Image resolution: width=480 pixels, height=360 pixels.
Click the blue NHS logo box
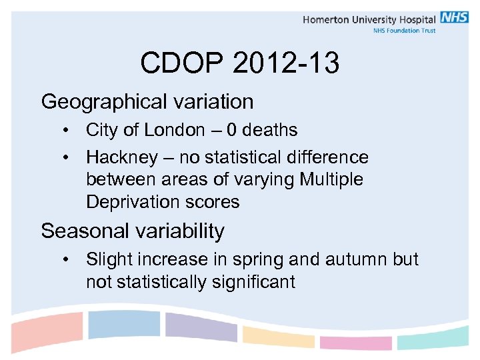point(454,18)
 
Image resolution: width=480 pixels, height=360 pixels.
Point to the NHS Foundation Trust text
point(404,31)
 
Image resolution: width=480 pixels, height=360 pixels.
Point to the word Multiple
point(331,179)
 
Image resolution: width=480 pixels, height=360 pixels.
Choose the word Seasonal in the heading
point(84,231)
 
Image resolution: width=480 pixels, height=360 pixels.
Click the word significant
point(253,282)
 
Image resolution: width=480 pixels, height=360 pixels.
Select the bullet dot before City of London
point(69,130)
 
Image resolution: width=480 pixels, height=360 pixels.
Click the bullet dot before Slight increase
point(69,259)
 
